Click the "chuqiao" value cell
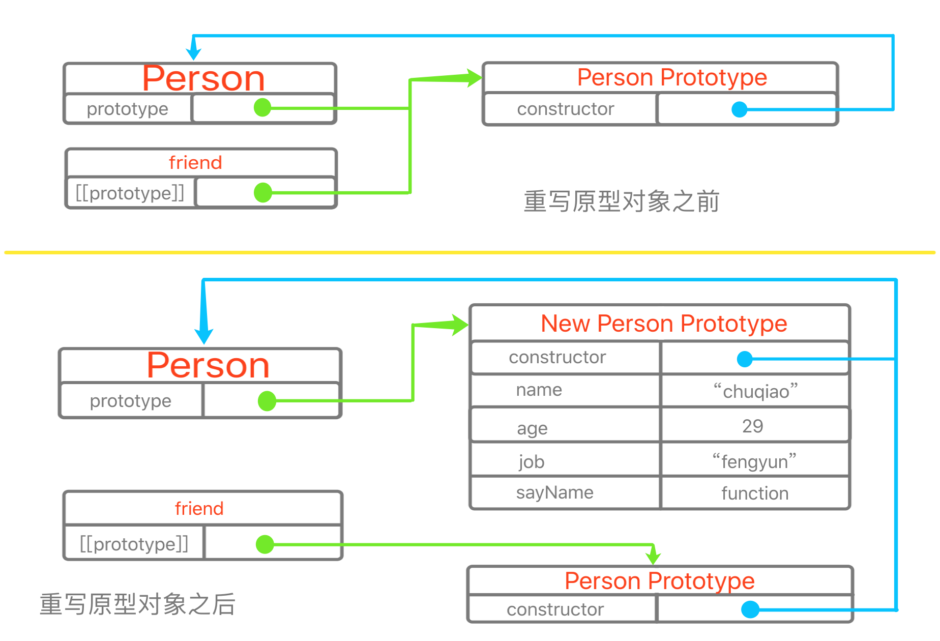[x=755, y=391]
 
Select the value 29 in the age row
[x=752, y=426]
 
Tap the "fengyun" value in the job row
[x=754, y=461]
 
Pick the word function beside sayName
[x=755, y=493]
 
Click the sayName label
[x=554, y=492]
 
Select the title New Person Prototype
[x=664, y=324]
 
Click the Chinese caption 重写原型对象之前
[x=621, y=201]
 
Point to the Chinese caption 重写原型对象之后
[x=137, y=604]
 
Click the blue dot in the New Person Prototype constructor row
[x=745, y=359]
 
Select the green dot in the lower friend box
[x=265, y=544]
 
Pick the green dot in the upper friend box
[x=262, y=192]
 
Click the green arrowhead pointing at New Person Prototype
[x=458, y=325]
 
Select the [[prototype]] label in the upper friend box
[x=130, y=193]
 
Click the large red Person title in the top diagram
[x=203, y=78]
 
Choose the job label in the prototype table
[x=532, y=461]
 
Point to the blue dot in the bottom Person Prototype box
[x=750, y=609]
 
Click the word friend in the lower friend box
[x=199, y=508]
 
